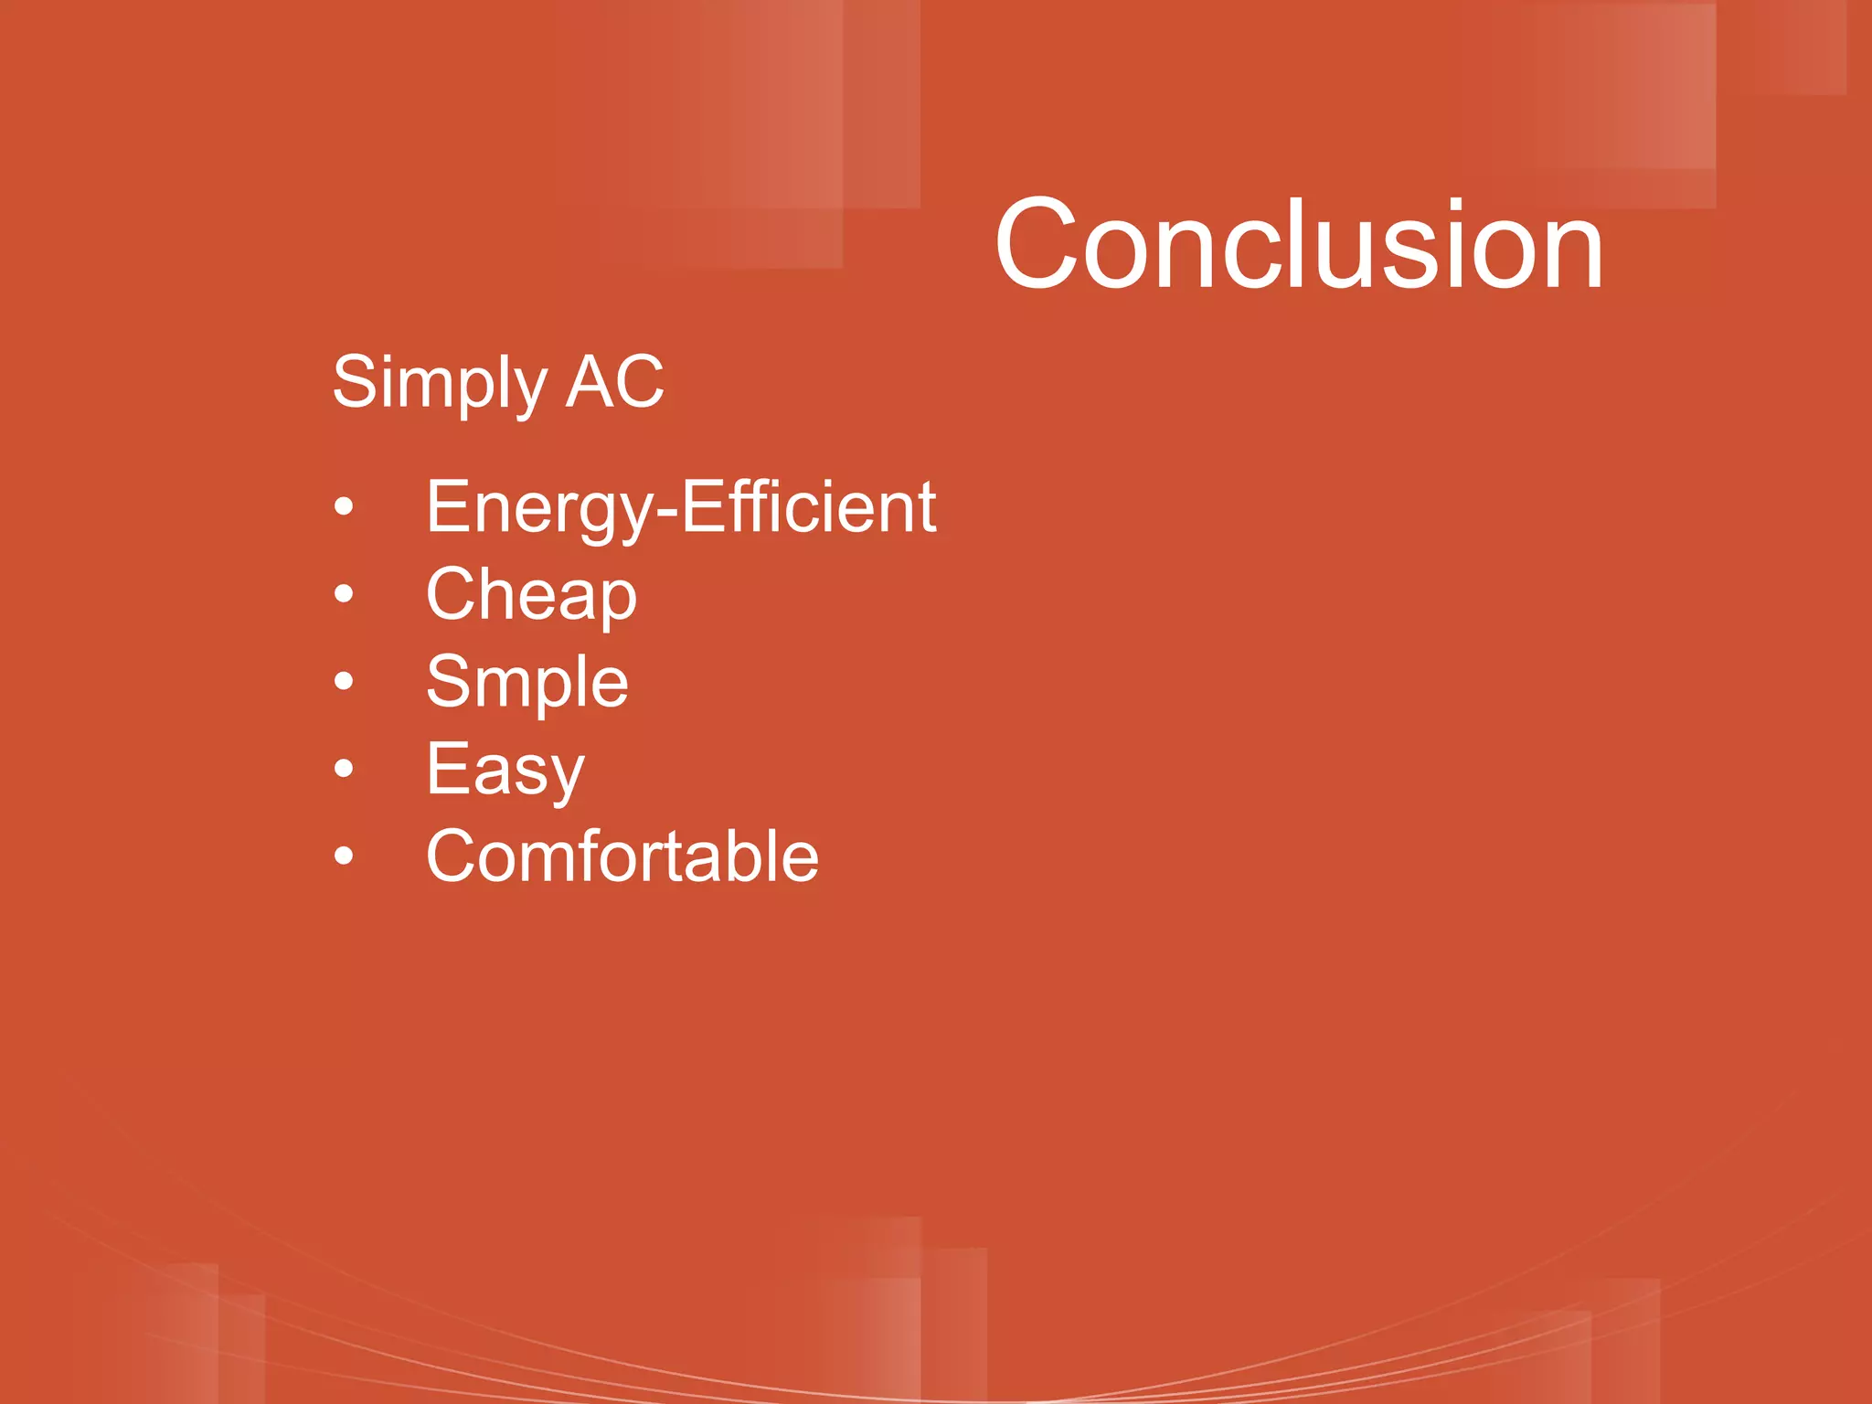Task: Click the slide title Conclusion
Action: pyautogui.click(x=1298, y=245)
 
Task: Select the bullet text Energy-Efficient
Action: pyautogui.click(x=680, y=507)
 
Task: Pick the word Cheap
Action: pyautogui.click(x=531, y=594)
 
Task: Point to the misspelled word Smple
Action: pyautogui.click(x=527, y=681)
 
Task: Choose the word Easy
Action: pyautogui.click(x=505, y=770)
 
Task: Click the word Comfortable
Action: pyautogui.click(x=622, y=856)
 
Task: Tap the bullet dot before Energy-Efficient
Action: pyautogui.click(x=344, y=506)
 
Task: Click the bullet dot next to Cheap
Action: pyautogui.click(x=344, y=594)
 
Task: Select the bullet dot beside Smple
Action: pyautogui.click(x=344, y=681)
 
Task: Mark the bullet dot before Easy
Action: pyautogui.click(x=344, y=769)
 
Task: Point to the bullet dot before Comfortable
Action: pyautogui.click(x=344, y=856)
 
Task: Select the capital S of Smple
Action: pyautogui.click(x=450, y=681)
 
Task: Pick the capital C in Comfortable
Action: pyautogui.click(x=452, y=856)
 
